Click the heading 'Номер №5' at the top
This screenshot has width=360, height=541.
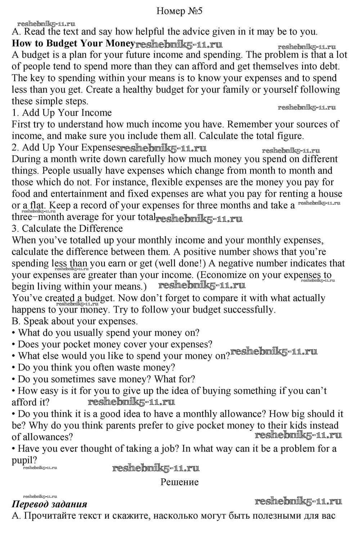point(179,11)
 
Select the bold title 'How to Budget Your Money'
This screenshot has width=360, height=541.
point(73,44)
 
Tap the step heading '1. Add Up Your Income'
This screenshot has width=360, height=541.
point(62,113)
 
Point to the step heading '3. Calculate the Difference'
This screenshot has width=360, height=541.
point(67,229)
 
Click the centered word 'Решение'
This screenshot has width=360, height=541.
point(179,482)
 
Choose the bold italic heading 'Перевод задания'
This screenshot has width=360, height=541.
point(49,504)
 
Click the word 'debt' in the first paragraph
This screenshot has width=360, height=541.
point(329,67)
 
